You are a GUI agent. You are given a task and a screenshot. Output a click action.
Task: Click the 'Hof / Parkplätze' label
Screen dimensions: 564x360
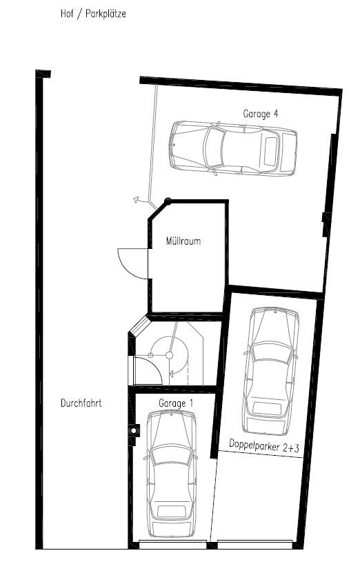point(93,13)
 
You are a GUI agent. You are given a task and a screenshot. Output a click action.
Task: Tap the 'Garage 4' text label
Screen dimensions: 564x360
point(261,113)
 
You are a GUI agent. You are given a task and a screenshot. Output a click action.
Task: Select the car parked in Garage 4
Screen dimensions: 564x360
point(233,148)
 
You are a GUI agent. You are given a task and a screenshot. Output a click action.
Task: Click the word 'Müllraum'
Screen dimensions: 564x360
point(183,242)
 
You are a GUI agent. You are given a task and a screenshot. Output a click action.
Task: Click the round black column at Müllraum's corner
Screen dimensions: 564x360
point(168,201)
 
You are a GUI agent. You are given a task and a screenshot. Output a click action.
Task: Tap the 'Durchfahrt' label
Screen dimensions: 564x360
point(81,404)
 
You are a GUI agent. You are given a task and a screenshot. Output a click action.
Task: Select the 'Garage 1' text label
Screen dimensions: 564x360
point(177,403)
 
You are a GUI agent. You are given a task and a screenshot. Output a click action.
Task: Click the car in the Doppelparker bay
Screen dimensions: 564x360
point(271,371)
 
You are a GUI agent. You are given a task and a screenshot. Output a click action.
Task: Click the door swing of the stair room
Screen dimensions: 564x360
point(147,371)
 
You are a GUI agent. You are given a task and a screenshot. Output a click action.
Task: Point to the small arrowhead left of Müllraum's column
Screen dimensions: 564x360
point(137,201)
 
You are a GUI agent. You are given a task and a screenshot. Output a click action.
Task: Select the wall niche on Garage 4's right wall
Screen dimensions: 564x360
point(326,225)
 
